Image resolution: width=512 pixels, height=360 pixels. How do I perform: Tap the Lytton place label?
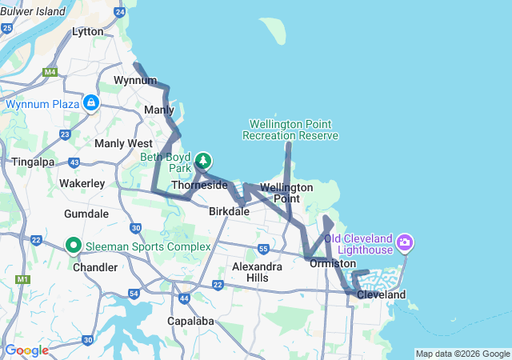pos(88,31)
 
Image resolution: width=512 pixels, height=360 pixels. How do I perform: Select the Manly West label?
pos(123,143)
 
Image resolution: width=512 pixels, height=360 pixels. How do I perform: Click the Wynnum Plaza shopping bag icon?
pos(92,103)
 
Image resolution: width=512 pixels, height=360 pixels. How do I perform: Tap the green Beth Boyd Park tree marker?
pos(203,161)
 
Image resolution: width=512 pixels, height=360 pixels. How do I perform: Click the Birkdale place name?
pos(230,212)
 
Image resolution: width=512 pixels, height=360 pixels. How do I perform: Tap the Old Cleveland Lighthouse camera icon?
pos(405,241)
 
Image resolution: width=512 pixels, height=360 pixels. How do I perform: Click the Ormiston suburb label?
pos(332,263)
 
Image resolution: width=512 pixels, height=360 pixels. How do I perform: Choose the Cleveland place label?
pos(382,294)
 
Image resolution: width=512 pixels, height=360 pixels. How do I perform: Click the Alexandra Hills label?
pos(257,271)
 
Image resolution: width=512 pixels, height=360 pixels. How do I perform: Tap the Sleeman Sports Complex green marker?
pos(74,246)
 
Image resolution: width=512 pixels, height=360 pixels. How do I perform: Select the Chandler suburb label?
pos(95,266)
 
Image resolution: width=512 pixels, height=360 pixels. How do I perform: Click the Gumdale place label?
pos(86,214)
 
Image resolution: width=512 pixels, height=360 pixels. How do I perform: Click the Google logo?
pos(26,350)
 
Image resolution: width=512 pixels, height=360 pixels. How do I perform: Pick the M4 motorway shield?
pos(50,72)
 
